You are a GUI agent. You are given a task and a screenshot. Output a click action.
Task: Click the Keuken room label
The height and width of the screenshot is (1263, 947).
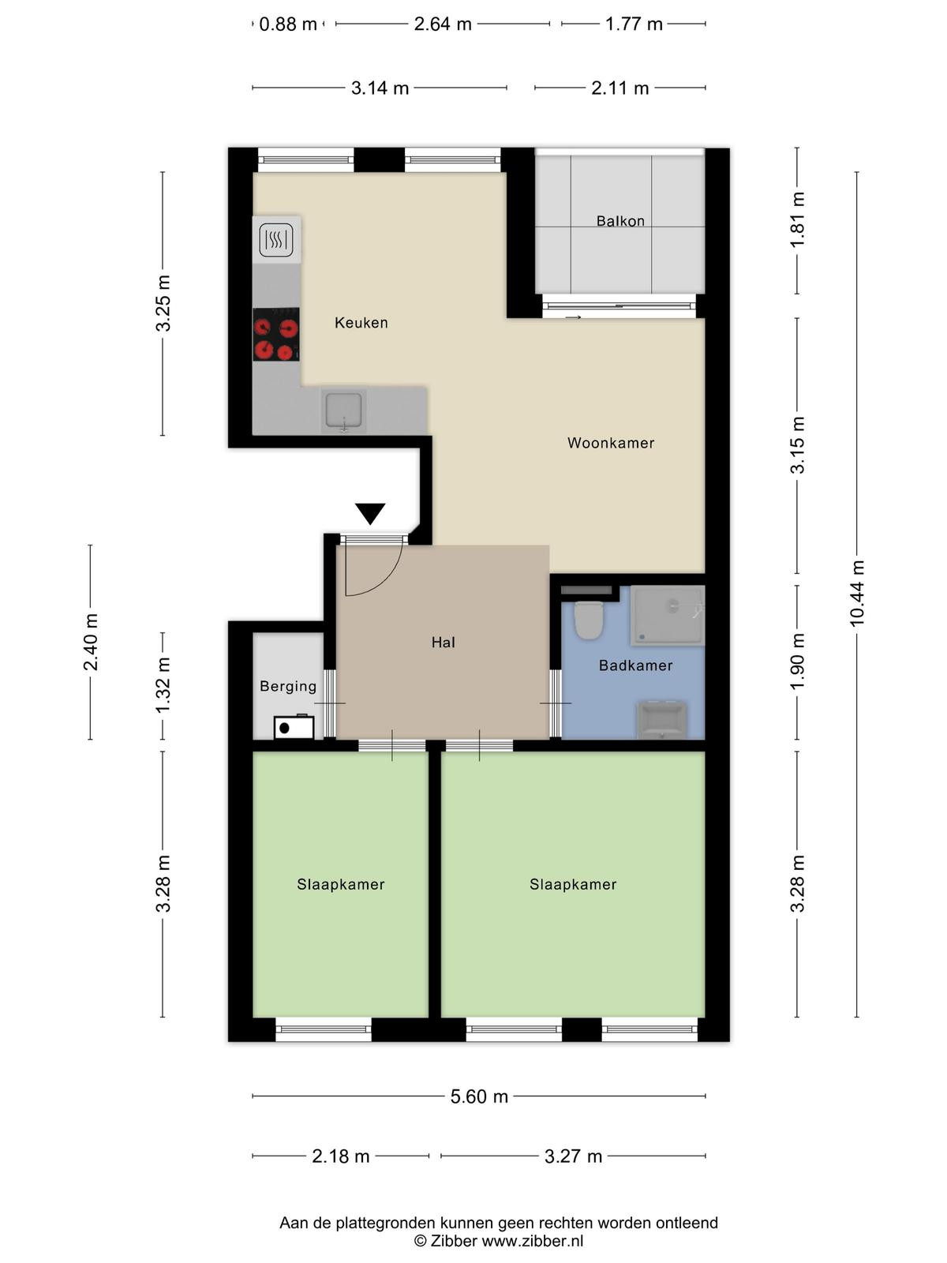pos(361,323)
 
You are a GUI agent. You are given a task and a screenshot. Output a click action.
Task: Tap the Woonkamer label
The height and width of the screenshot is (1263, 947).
pos(611,443)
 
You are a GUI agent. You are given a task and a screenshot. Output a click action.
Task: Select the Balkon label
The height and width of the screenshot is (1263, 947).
pos(620,221)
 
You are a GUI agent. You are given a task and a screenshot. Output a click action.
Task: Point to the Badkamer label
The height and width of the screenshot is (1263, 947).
pos(635,665)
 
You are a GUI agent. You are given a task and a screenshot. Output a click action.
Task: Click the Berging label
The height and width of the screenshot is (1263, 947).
pos(288,687)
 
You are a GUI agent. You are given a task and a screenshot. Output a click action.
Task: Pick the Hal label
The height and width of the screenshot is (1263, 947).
pos(444,642)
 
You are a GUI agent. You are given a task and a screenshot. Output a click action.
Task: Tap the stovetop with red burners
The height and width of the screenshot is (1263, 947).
pos(276,335)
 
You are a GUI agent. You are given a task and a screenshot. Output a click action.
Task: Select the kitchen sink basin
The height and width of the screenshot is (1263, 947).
pos(343,410)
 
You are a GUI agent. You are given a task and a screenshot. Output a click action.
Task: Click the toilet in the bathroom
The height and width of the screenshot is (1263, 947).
pos(588,620)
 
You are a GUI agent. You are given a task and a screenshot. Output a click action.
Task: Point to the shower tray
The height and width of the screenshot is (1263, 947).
pos(667,615)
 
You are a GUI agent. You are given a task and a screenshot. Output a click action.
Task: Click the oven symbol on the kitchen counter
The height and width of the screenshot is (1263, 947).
pos(276,240)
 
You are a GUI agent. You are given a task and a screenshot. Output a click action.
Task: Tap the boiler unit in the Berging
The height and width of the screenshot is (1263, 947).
pos(294,727)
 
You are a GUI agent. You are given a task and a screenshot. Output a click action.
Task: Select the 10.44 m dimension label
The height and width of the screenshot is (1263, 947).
pos(857,594)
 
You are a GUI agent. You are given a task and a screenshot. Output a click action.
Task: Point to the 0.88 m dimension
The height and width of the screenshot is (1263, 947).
pos(288,24)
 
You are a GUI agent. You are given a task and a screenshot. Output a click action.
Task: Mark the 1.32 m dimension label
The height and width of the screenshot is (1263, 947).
pos(163,685)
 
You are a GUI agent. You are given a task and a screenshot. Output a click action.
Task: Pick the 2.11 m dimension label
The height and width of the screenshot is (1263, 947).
pos(619,88)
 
